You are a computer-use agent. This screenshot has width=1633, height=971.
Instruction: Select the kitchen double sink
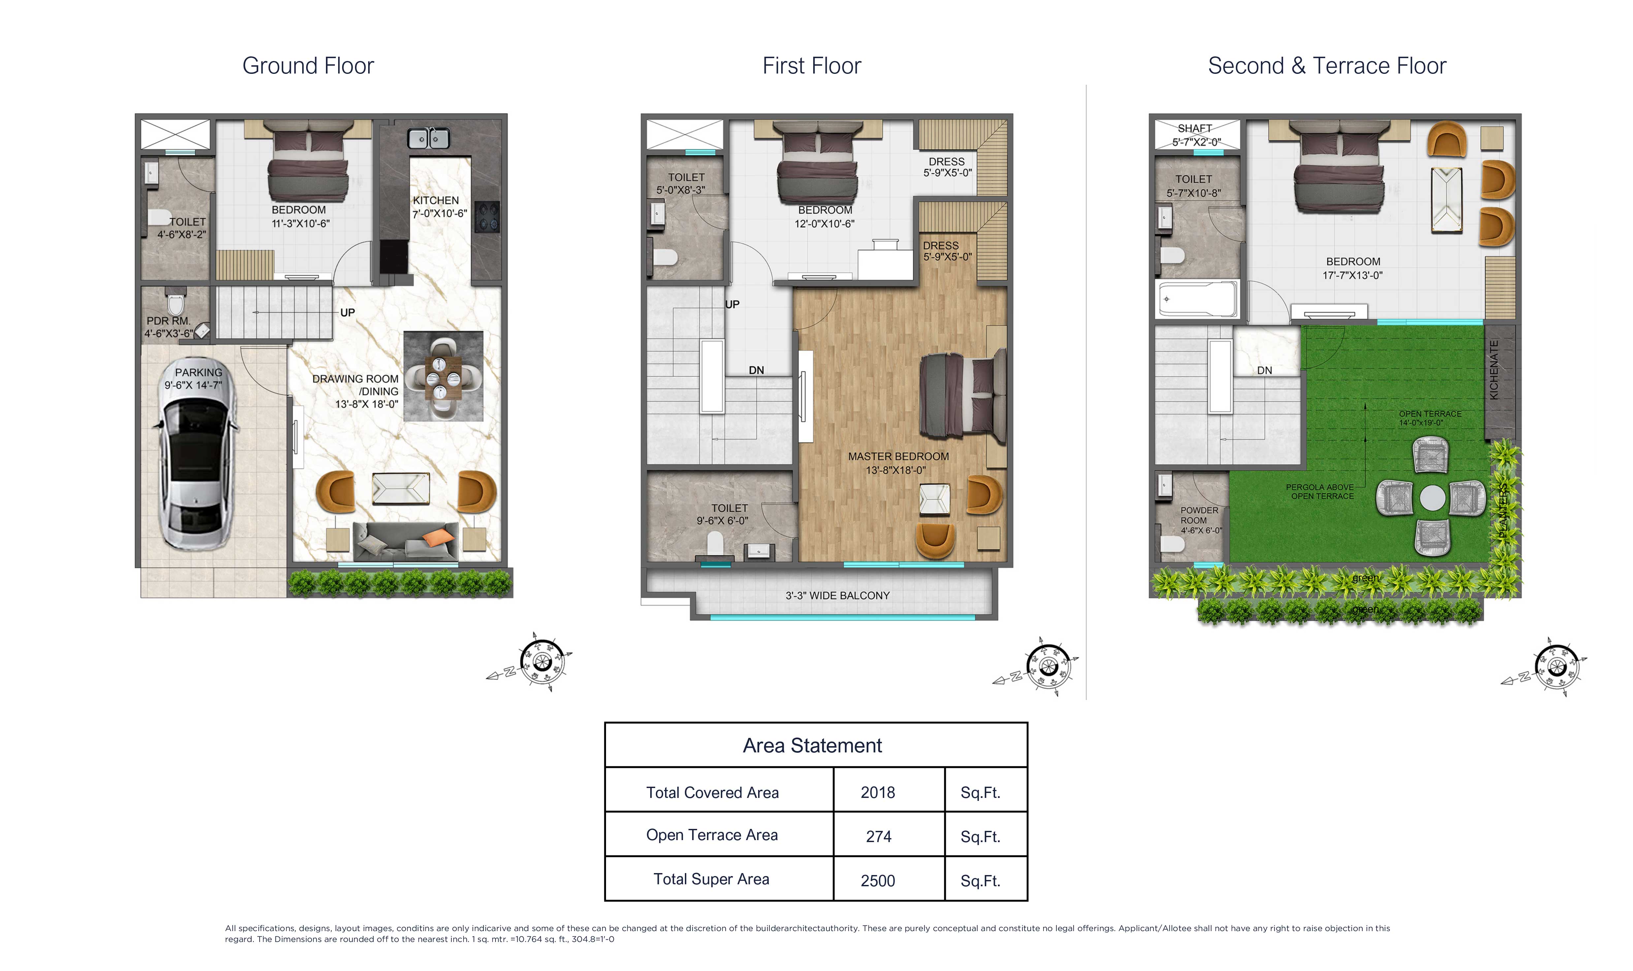[429, 138]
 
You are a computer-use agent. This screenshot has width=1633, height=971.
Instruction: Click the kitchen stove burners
[487, 217]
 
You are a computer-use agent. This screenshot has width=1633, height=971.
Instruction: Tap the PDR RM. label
[168, 321]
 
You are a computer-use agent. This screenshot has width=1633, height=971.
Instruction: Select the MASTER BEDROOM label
[898, 457]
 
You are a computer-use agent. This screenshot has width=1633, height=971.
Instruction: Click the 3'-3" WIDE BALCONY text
[837, 595]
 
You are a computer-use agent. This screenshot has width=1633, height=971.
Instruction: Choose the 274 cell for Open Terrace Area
[878, 836]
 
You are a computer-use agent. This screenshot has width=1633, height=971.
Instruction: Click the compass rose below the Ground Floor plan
[541, 661]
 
